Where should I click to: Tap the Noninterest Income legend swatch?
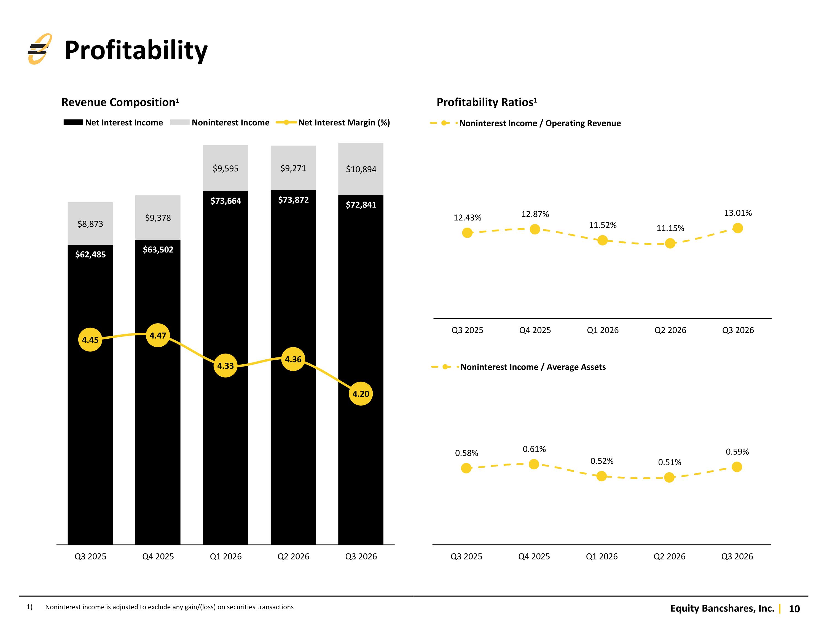click(x=179, y=122)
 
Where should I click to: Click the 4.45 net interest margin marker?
click(x=90, y=340)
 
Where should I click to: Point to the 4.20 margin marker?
click(x=361, y=394)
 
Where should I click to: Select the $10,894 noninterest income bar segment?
click(x=361, y=169)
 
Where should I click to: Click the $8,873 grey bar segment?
click(x=90, y=224)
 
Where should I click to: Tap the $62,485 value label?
click(x=90, y=254)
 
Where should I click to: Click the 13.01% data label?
click(x=738, y=213)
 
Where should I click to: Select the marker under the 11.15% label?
click(x=670, y=243)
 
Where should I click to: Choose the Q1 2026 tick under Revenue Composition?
click(x=226, y=556)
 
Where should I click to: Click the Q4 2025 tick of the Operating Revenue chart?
click(x=535, y=330)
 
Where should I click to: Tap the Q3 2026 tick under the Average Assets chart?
click(x=737, y=556)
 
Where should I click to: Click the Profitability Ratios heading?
click(x=487, y=102)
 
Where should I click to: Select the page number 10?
click(x=794, y=609)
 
